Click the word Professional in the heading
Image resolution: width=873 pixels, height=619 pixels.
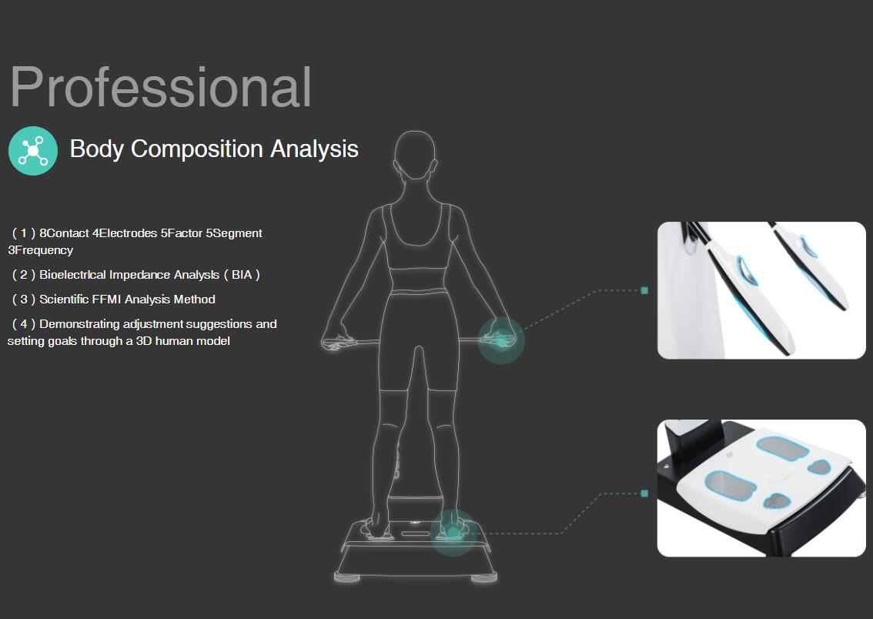point(161,88)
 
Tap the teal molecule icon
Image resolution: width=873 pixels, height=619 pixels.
point(33,151)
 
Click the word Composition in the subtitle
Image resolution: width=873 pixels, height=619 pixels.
point(197,149)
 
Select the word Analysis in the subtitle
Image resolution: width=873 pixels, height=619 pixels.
point(315,149)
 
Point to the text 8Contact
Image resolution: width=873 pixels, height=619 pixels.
point(64,233)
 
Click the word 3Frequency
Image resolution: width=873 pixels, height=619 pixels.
point(41,250)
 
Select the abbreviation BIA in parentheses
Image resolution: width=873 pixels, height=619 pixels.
point(242,275)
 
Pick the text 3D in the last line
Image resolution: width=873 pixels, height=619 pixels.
point(144,341)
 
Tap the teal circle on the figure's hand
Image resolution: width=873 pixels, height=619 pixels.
point(501,340)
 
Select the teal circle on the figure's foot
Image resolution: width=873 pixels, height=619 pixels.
point(453,533)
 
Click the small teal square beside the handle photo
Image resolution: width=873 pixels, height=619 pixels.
point(644,290)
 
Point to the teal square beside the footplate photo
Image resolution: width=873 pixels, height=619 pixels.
point(644,494)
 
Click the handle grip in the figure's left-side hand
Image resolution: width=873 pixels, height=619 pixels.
point(339,343)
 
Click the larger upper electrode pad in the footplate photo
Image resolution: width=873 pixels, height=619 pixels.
point(782,447)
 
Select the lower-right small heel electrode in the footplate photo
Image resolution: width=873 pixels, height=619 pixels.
point(777,501)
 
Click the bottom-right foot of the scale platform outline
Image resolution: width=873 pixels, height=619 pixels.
point(483,578)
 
